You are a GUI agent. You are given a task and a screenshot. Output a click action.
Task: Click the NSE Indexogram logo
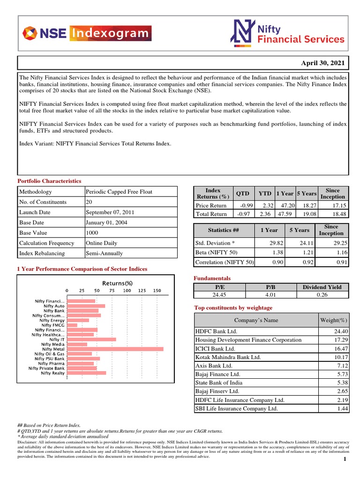87,33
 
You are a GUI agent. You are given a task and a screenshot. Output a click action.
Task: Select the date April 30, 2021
322,63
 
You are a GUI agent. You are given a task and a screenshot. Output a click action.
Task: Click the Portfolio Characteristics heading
49,181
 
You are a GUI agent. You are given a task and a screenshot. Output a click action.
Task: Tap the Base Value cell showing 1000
92,233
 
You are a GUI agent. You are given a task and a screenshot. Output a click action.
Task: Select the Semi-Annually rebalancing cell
104,253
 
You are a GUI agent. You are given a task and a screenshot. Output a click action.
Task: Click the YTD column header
265,193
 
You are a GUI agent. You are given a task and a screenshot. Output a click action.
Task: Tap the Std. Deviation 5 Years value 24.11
300,243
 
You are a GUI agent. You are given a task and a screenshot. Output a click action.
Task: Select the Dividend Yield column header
322,287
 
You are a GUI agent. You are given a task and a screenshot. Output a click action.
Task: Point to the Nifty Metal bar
115,349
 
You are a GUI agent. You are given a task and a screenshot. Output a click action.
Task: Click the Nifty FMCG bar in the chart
72,325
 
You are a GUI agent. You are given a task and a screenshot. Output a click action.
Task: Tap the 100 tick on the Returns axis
127,291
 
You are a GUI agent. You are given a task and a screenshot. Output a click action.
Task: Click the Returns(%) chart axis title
118,283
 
